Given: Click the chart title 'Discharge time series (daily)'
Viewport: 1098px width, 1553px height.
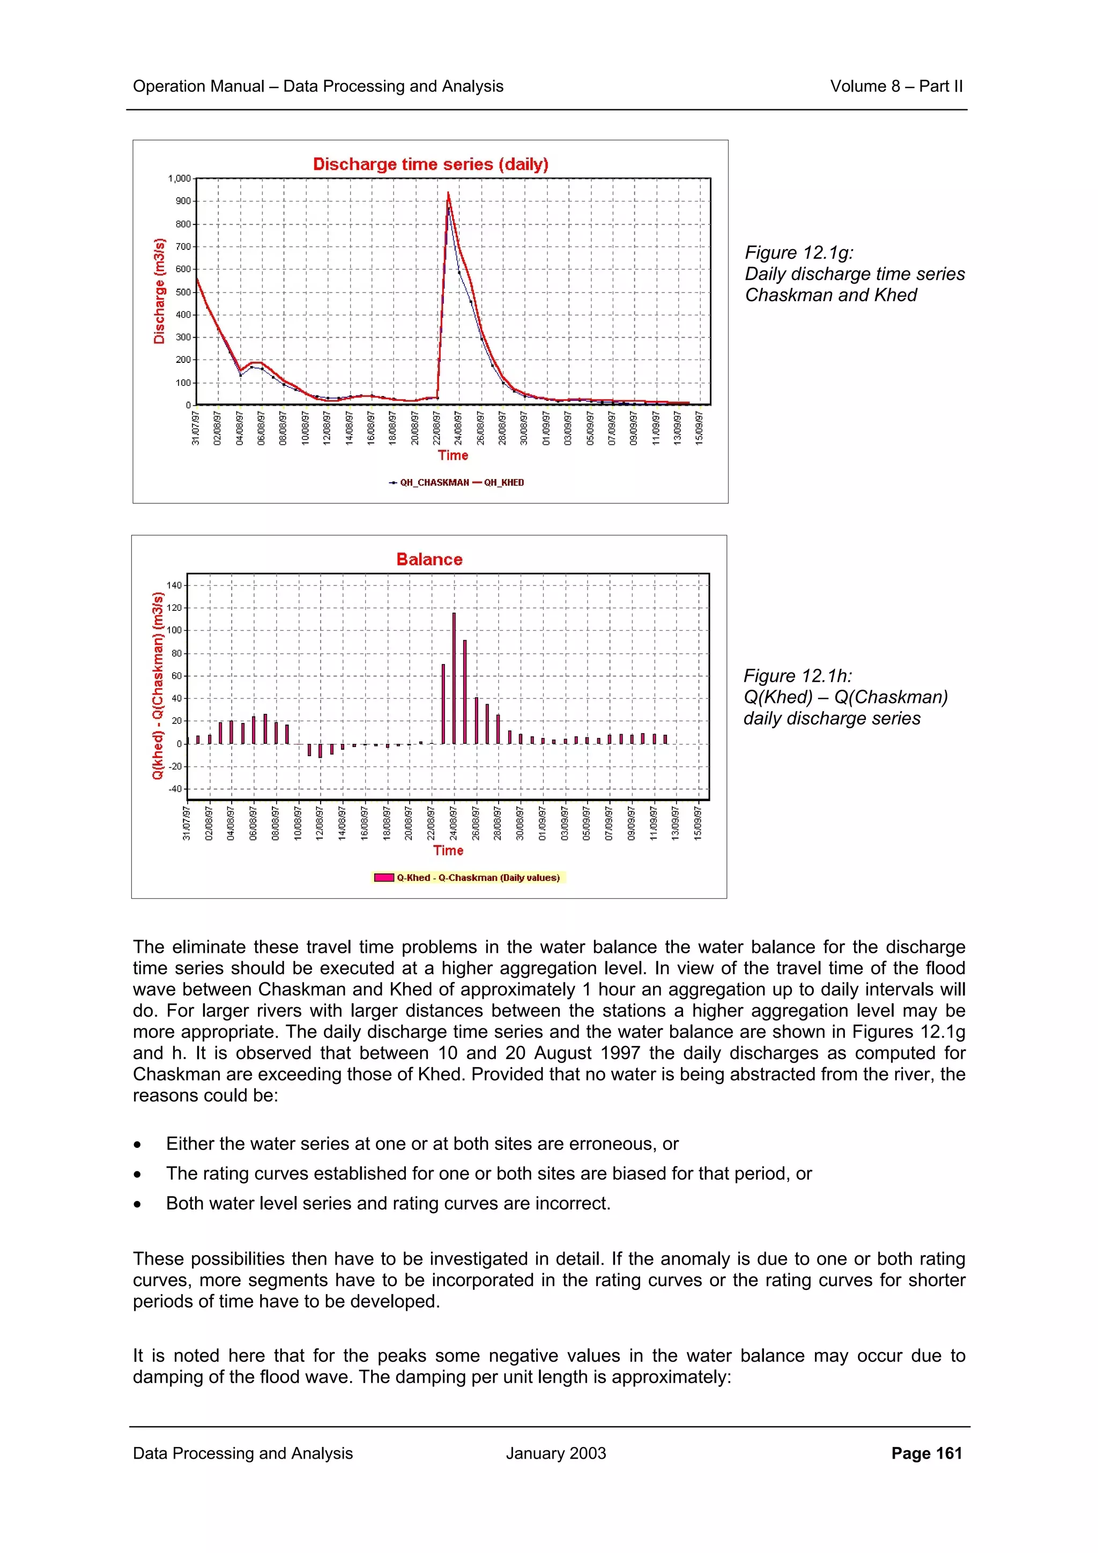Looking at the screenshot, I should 431,165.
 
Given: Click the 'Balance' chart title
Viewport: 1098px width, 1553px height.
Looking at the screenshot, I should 429,559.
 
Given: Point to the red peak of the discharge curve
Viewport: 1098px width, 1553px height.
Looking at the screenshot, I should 448,194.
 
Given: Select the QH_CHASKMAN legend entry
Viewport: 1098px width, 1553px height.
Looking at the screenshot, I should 429,482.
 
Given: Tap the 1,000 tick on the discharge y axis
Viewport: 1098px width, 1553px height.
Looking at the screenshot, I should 179,178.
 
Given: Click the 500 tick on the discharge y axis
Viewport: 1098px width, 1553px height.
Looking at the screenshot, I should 183,292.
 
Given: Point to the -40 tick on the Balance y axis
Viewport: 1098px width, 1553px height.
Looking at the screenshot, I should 175,789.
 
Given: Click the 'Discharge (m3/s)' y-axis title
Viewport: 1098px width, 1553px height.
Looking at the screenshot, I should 159,291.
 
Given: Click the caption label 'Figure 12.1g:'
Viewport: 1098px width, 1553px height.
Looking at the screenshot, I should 799,252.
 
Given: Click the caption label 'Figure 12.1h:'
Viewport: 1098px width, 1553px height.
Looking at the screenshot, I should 798,676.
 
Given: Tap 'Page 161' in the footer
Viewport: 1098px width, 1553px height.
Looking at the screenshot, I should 926,1453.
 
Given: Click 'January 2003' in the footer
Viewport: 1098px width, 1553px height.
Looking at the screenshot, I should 555,1453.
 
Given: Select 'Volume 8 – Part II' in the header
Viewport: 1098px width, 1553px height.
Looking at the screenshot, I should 896,86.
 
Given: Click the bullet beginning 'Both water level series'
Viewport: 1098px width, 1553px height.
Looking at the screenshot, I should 388,1203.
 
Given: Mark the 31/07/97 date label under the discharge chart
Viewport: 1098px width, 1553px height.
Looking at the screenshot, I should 196,428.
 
